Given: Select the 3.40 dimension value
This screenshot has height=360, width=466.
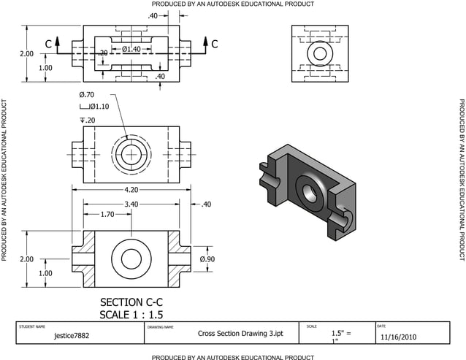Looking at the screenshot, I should click(131, 204).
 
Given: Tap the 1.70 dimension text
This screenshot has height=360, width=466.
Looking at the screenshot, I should click(107, 215).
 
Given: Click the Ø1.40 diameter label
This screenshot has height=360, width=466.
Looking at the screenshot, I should click(131, 49).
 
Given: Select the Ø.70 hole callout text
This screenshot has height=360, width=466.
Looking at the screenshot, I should click(86, 95).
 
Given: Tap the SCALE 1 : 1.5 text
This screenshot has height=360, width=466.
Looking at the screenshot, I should click(131, 315).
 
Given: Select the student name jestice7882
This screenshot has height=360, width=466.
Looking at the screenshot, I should click(72, 337).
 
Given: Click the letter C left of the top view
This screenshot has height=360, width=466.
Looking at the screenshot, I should click(48, 45).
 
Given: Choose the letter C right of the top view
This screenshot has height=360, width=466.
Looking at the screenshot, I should click(215, 45).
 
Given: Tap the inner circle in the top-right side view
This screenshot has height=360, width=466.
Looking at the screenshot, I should click(318, 54).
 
